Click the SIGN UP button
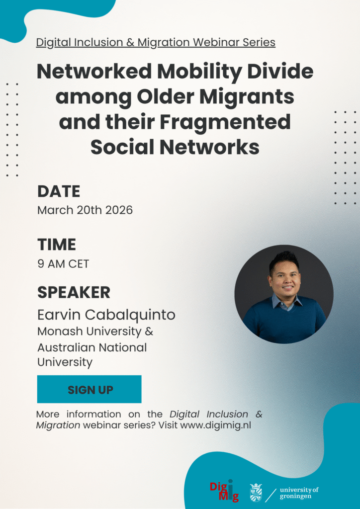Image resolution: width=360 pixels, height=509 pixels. (90, 389)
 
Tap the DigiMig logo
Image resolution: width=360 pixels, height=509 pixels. (224, 490)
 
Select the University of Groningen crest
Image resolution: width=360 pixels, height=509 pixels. (256, 492)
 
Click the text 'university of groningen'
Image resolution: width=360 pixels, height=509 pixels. (299, 493)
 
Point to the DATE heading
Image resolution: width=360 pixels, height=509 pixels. (59, 191)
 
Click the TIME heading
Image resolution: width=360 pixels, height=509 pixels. (57, 245)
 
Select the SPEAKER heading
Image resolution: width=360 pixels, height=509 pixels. (74, 292)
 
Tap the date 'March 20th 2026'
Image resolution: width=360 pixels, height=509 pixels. (85, 210)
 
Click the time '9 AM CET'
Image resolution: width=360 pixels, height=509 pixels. (63, 263)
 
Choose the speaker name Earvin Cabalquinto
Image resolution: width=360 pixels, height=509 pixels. (106, 315)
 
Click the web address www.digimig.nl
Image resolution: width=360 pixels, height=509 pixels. (215, 425)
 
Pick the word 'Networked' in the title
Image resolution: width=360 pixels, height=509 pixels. (94, 72)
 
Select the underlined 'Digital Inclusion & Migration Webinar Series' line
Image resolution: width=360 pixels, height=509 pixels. (156, 43)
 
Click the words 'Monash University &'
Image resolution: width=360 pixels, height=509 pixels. (95, 332)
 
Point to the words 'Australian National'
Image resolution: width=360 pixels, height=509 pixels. (92, 347)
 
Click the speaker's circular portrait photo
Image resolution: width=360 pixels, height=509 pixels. (284, 294)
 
